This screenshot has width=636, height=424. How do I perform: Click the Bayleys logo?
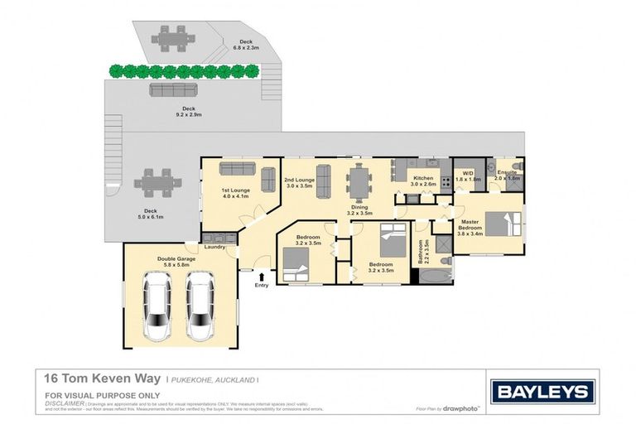click(542, 391)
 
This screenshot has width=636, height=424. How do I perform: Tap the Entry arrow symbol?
click(263, 276)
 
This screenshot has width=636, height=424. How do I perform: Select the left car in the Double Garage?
click(157, 306)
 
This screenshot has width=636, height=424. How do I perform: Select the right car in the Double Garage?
click(200, 306)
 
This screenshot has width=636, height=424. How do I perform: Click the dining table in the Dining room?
click(359, 182)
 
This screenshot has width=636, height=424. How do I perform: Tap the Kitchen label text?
click(423, 179)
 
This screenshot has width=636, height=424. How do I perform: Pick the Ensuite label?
click(506, 172)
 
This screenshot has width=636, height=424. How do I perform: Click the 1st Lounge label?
click(235, 190)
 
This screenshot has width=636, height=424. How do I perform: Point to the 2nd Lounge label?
click(298, 180)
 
